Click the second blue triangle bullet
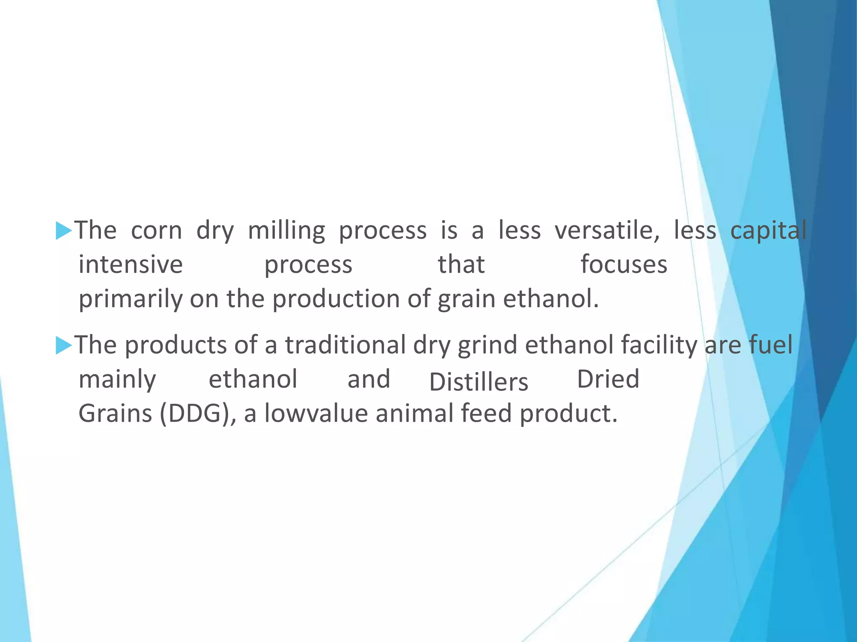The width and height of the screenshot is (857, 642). pos(64,346)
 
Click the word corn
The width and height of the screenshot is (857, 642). pos(157,231)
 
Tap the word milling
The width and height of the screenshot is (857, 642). pos(286,231)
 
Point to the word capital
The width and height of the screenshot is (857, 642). pos(768,231)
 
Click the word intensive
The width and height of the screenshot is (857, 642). pos(131,265)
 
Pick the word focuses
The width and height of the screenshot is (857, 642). pos(624,265)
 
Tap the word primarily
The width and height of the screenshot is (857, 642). pos(131,300)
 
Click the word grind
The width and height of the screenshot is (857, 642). pos(488,345)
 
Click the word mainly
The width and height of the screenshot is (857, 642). pos(117,380)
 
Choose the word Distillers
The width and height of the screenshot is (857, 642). pos(479,382)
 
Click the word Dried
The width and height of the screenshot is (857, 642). pos(608,380)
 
